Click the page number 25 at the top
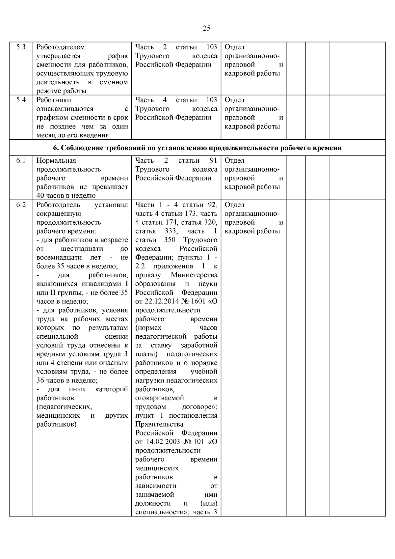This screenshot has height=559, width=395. pos(206,28)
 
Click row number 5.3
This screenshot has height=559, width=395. pos(21,47)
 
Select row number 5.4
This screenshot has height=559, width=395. pos(21,100)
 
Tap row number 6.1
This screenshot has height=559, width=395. pos(21,160)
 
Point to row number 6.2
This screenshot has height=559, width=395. pos(21,205)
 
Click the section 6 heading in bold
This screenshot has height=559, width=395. pos(197,148)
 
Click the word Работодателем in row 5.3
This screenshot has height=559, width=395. pos(61,47)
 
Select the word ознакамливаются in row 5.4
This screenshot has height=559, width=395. pos(65,109)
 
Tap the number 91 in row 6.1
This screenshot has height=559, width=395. pos(213,160)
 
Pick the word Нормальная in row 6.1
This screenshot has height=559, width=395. pos(56,160)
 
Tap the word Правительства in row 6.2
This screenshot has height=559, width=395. pos(159,424)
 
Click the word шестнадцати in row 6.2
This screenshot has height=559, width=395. pos(82,249)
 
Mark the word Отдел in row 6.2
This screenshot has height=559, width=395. pos(234,205)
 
